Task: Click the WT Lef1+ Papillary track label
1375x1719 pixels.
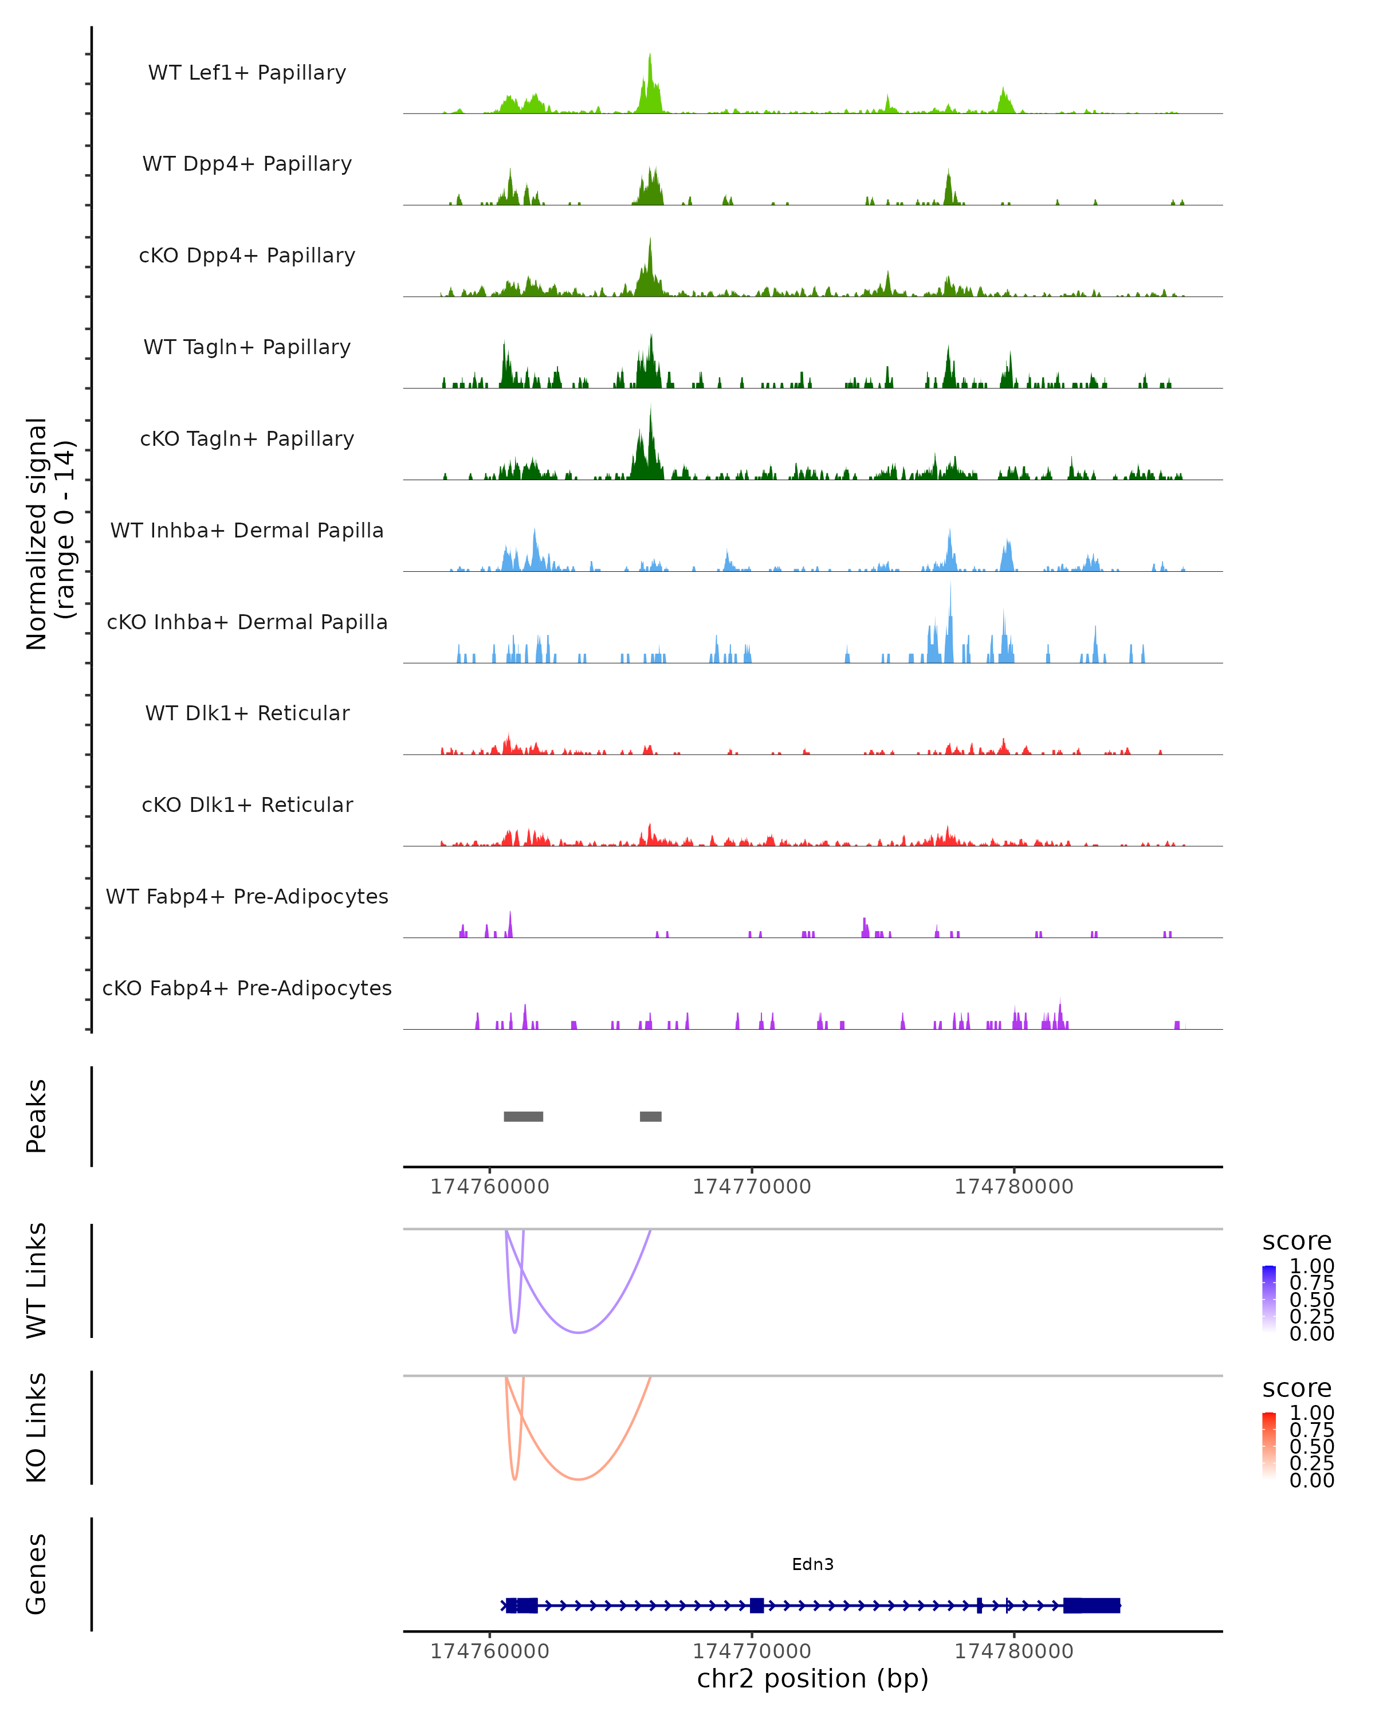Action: [x=247, y=73]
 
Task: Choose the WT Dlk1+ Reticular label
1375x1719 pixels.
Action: [x=247, y=713]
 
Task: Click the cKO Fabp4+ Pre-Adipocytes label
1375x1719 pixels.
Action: [x=247, y=988]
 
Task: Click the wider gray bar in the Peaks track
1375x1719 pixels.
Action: [x=523, y=1116]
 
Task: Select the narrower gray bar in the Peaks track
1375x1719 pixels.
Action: [x=650, y=1116]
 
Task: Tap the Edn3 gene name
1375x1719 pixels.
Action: [x=812, y=1564]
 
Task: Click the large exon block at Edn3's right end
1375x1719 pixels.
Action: [x=1091, y=1606]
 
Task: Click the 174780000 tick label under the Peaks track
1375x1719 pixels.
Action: [x=1014, y=1187]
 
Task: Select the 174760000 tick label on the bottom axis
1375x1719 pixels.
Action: [x=489, y=1651]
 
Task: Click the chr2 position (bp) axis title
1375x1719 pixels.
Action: [x=812, y=1679]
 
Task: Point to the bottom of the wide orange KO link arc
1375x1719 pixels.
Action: [x=579, y=1480]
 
